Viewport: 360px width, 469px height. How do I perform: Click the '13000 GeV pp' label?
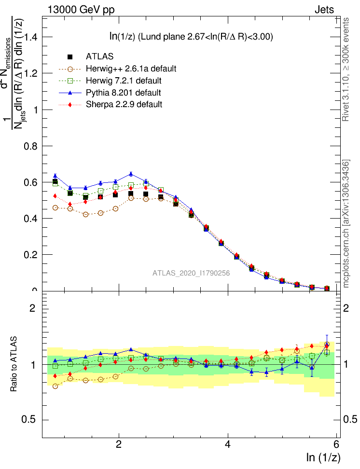pyautogui.click(x=81, y=9)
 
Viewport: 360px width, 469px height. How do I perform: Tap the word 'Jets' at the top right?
pyautogui.click(x=324, y=9)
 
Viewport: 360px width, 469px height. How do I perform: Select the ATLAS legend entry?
pyautogui.click(x=99, y=56)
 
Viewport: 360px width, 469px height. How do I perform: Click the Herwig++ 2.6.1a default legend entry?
pyautogui.click(x=131, y=69)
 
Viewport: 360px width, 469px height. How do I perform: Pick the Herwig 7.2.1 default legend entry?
pyautogui.click(x=124, y=80)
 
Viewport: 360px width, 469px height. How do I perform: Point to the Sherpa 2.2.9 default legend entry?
pyautogui.click(x=124, y=104)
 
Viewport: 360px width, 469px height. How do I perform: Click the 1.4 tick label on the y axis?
pyautogui.click(x=28, y=37)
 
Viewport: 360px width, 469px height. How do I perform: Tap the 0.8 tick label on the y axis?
pyautogui.click(x=28, y=146)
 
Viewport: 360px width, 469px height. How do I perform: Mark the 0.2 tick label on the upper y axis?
pyautogui.click(x=28, y=254)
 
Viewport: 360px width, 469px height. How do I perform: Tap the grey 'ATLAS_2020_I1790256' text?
pyautogui.click(x=191, y=273)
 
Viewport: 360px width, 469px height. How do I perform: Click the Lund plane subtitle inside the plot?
pyautogui.click(x=191, y=37)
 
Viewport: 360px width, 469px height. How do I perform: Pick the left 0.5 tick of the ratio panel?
pyautogui.click(x=28, y=419)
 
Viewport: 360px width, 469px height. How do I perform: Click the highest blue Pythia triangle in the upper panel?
pyautogui.click(x=131, y=174)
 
